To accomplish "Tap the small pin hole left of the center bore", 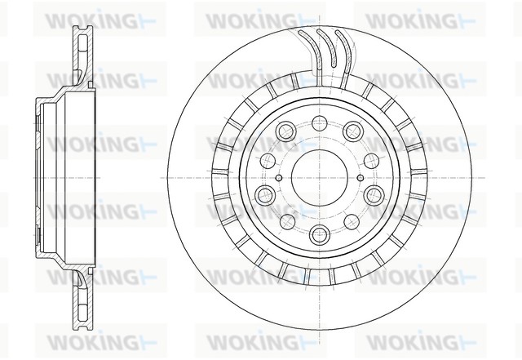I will click(x=279, y=178).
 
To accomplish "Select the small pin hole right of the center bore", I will click(x=361, y=178).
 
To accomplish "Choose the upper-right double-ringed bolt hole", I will click(x=352, y=130).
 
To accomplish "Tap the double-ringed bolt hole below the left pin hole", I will click(x=264, y=193).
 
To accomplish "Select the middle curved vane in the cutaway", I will click(x=321, y=49).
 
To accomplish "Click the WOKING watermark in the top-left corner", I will click(x=89, y=18).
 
